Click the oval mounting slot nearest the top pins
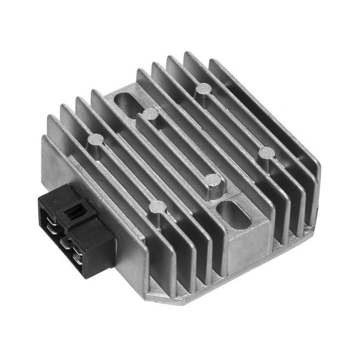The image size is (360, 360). pos(129,103)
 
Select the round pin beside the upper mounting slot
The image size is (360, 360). pos(150,114)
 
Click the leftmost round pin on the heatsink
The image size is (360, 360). pos(95,140)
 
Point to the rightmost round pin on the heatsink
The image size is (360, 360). pos(266,153)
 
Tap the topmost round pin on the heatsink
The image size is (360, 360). pos(203,89)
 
